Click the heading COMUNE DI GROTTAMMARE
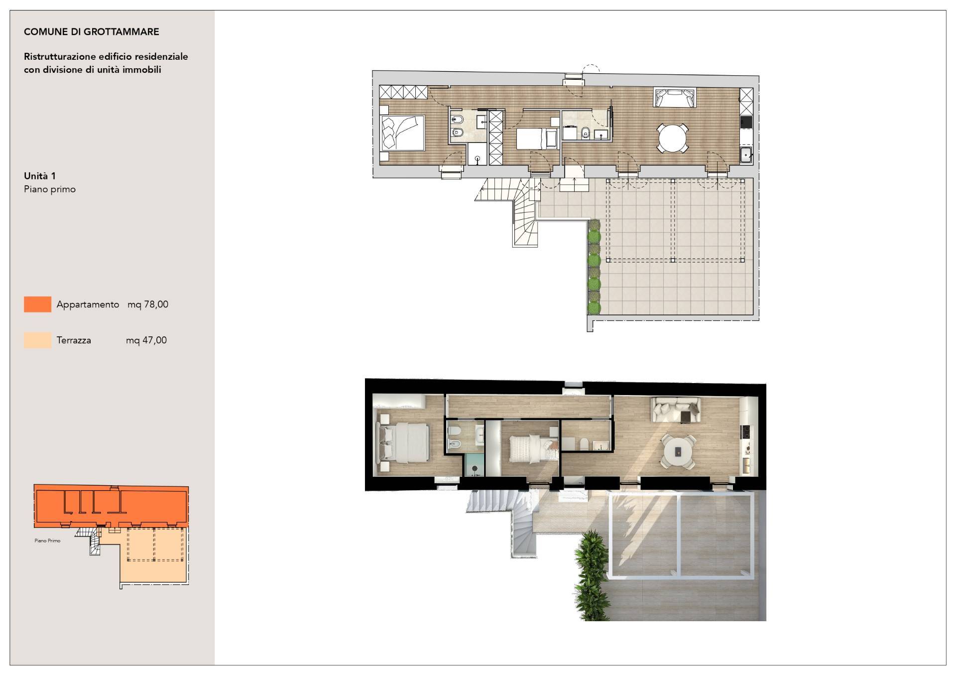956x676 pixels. pos(92,32)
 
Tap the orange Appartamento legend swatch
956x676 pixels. pos(37,304)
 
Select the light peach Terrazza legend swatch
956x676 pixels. pos(37,340)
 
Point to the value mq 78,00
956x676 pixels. pos(148,304)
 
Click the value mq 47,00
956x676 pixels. pos(146,340)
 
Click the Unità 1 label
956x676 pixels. pos(40,176)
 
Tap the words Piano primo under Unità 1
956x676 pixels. pos(50,189)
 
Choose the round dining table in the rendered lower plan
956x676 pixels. pos(678,451)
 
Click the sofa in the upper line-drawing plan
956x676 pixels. pos(675,98)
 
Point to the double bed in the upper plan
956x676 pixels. pos(402,133)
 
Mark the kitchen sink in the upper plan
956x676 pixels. pos(746,155)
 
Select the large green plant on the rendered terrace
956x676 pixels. pos(593,573)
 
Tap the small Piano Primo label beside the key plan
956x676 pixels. pos(48,541)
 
